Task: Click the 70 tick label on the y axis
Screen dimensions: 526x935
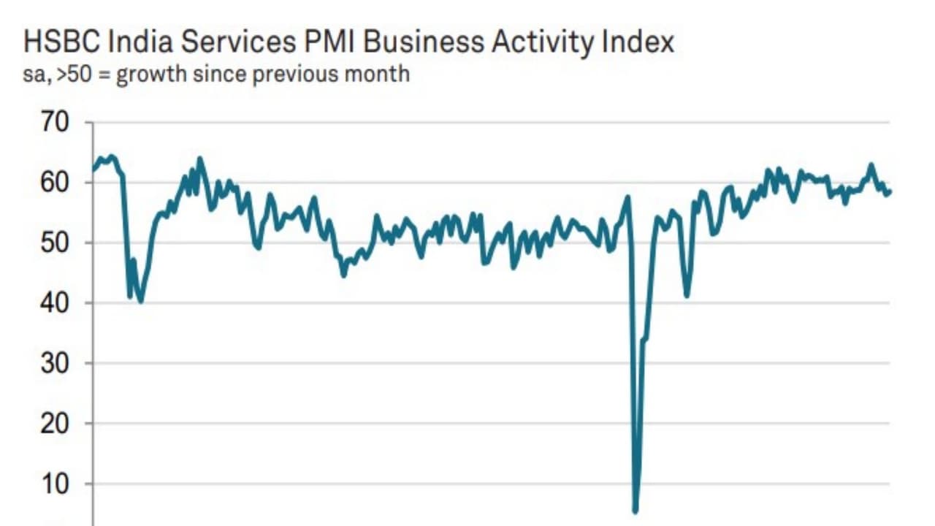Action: coord(55,122)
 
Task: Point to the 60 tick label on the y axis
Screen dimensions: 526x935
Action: coord(55,182)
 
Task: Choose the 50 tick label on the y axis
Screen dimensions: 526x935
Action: coord(55,243)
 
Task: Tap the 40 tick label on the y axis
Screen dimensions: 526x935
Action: coord(55,302)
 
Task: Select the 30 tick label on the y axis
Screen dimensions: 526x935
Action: coord(55,363)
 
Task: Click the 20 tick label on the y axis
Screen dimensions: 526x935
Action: coord(55,423)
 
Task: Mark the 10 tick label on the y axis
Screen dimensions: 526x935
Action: coord(55,484)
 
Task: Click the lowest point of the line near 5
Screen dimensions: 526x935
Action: coord(635,511)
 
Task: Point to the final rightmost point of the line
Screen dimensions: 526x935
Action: coord(890,192)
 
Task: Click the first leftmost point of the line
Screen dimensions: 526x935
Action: coord(93,169)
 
